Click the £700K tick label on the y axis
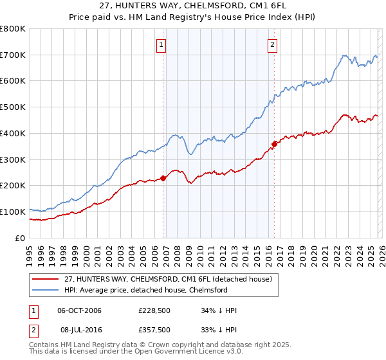click(13, 55)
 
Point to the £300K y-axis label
click(13, 159)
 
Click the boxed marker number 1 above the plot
click(160, 45)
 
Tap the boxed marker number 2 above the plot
click(273, 45)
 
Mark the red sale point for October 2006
click(163, 178)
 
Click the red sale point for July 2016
click(275, 144)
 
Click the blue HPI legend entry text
click(146, 290)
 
